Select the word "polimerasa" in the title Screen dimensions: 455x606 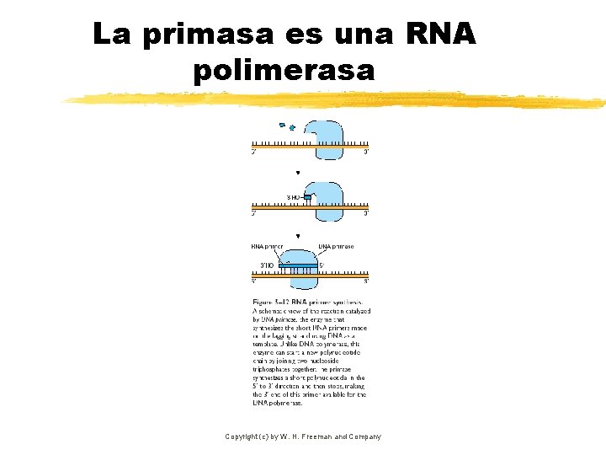(284, 69)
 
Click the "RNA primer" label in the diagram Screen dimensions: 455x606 (267, 247)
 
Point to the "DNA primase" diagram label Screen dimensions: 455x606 (336, 247)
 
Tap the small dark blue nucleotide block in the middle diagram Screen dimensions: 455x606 (307, 198)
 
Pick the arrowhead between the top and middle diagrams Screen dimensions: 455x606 (298, 174)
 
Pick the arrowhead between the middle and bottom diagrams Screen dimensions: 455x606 (298, 237)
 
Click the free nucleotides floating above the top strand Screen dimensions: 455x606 (287, 127)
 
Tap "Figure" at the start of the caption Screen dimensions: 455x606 (264, 301)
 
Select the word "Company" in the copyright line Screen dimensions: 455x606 (364, 436)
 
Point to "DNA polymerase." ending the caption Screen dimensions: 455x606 (278, 404)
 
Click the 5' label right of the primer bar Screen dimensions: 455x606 (322, 265)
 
